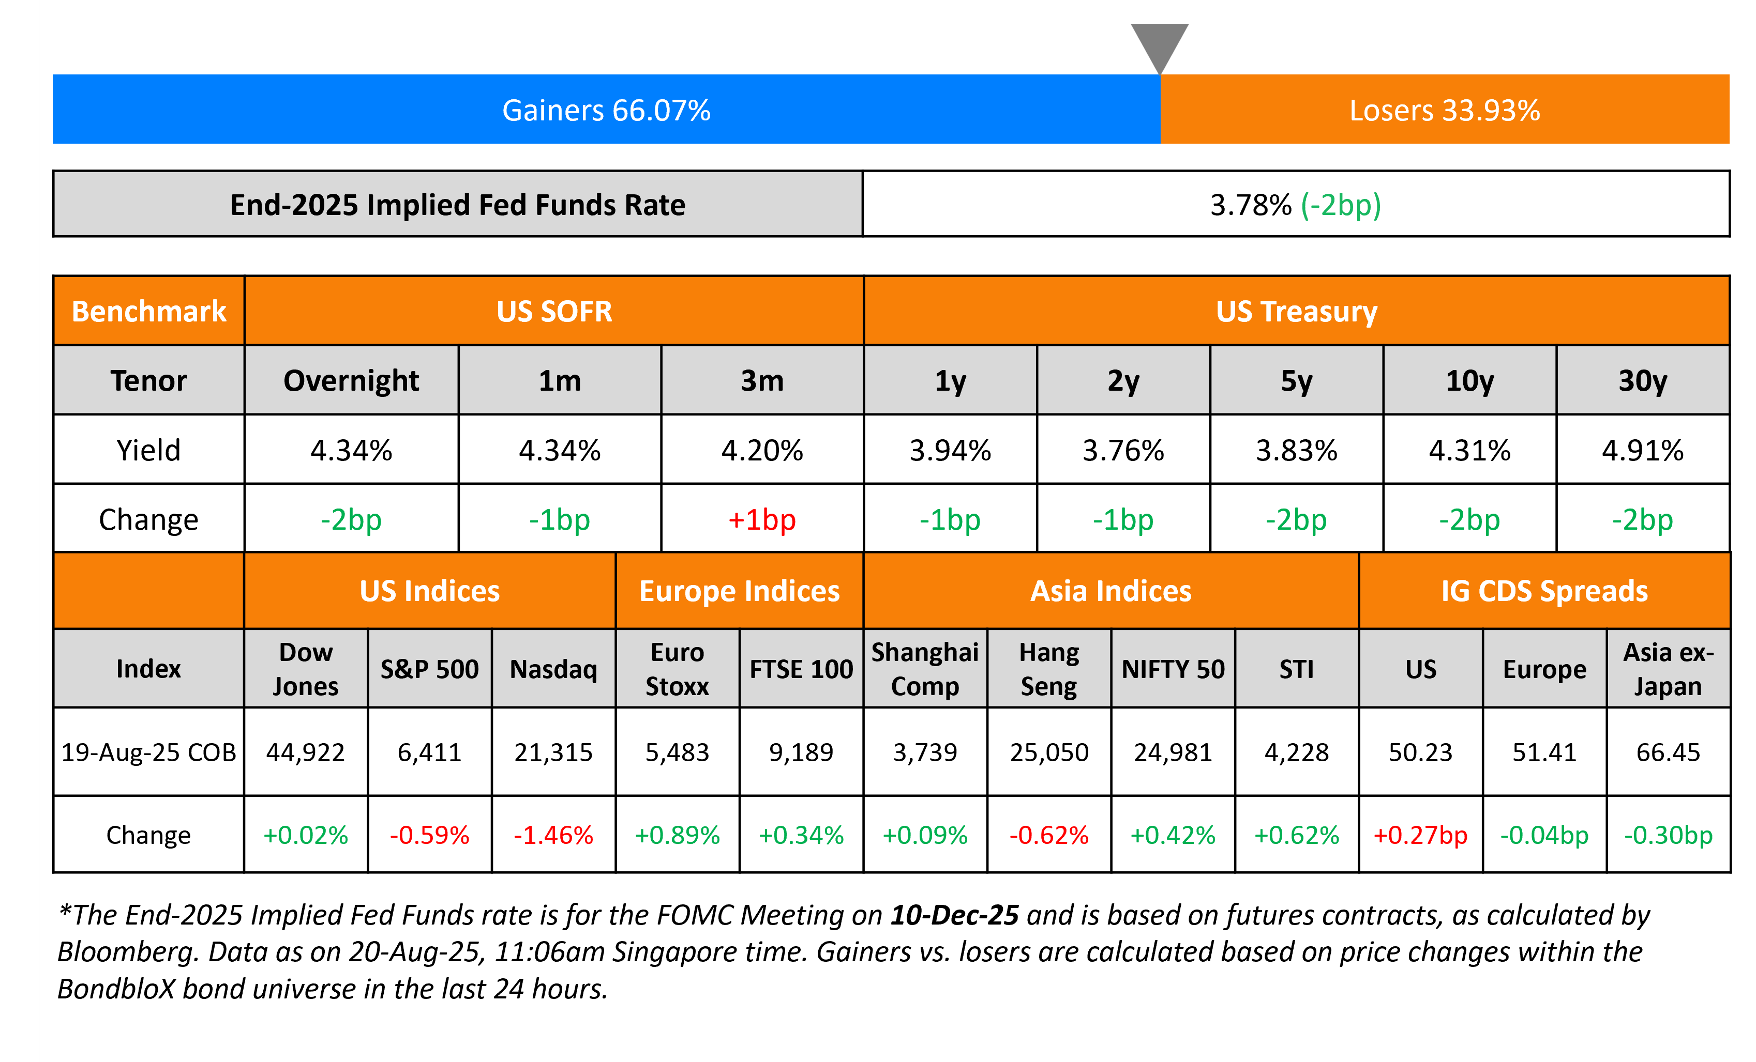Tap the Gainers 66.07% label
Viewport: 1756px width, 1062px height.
(x=607, y=111)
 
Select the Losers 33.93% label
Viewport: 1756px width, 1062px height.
(x=1445, y=111)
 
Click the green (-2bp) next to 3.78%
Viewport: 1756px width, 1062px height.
(x=1341, y=205)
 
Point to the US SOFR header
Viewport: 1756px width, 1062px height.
(x=554, y=311)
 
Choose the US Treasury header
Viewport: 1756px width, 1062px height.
(x=1296, y=311)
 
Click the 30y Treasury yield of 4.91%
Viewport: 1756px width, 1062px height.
(x=1643, y=450)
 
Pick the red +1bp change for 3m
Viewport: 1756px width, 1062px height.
(x=762, y=520)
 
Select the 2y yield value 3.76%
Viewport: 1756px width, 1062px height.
(x=1123, y=450)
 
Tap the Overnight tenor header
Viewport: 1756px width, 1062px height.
(x=351, y=381)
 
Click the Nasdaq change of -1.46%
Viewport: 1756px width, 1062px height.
(x=554, y=835)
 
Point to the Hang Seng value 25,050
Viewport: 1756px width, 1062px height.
(x=1049, y=752)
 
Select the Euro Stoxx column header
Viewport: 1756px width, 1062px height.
(x=677, y=669)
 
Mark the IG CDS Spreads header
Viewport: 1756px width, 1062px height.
(x=1544, y=591)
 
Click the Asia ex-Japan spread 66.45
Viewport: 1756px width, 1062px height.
(x=1669, y=752)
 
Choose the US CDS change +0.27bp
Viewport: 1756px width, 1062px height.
(x=1420, y=835)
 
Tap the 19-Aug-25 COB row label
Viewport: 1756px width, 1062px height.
(x=148, y=752)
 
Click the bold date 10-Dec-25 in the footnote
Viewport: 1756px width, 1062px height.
(x=954, y=915)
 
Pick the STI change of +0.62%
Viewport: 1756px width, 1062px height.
(x=1296, y=835)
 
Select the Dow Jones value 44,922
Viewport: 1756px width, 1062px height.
(x=305, y=752)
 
